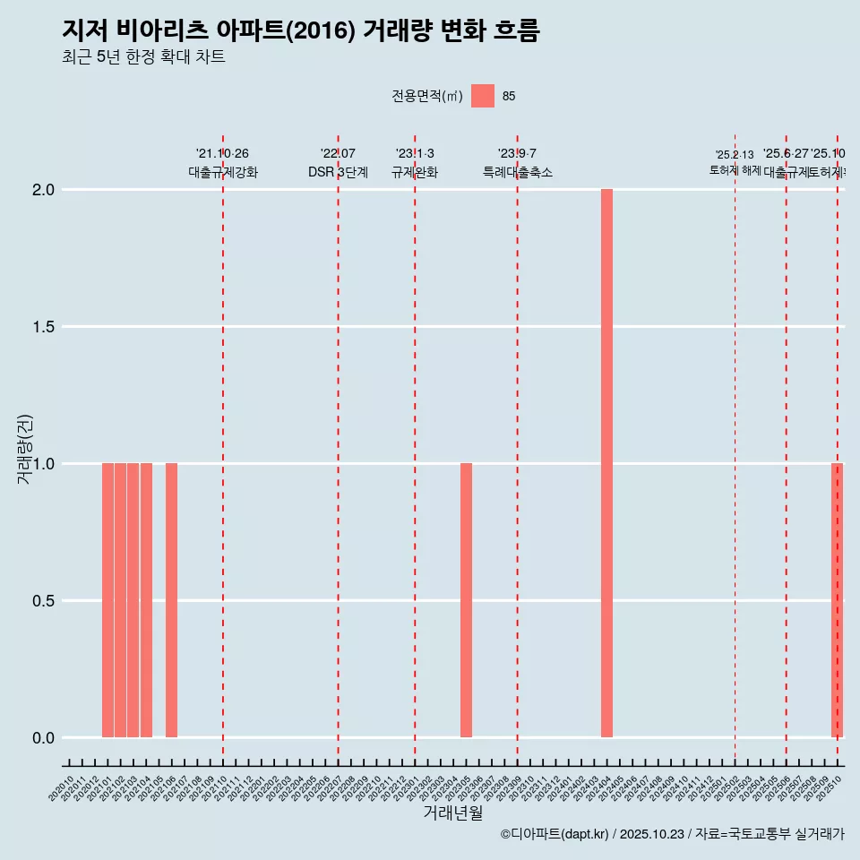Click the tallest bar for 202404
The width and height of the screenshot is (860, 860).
[x=606, y=463]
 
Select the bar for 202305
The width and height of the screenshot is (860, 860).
[x=466, y=600]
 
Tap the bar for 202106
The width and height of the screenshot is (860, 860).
[x=171, y=600]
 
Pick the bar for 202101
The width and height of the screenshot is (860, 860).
[x=107, y=600]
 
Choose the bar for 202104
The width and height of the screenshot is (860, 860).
[x=146, y=600]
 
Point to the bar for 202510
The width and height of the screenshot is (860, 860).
[x=837, y=600]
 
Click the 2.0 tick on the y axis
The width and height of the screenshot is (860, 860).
[x=44, y=190]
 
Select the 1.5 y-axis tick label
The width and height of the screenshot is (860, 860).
[x=44, y=327]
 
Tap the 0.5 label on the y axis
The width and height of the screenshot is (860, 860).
[x=44, y=601]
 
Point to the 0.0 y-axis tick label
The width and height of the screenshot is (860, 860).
[x=44, y=738]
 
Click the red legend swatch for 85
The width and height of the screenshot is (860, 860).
[x=483, y=96]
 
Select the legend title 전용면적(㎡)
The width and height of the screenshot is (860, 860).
[x=426, y=96]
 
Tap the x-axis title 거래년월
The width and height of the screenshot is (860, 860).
[x=452, y=813]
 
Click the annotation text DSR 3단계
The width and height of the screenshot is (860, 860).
[x=338, y=172]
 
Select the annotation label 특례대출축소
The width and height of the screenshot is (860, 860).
[x=517, y=172]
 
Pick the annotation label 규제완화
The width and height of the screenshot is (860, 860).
[x=415, y=172]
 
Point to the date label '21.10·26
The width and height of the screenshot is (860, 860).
[x=222, y=153]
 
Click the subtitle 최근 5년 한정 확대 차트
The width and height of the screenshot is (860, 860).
[x=143, y=57]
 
